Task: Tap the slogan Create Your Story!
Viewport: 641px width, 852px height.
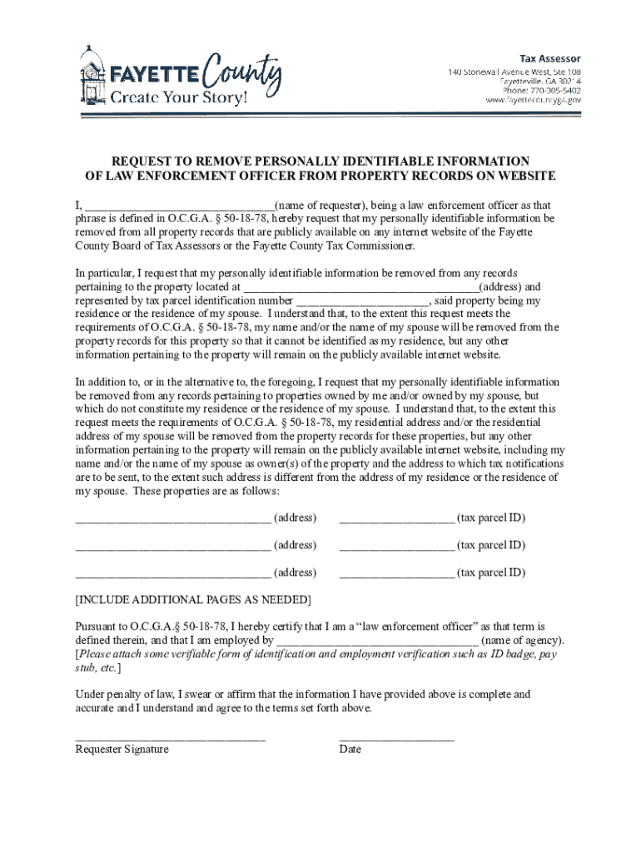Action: click(179, 98)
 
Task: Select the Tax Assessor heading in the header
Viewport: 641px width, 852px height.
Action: click(550, 58)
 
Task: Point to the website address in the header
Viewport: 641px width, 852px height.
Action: click(533, 100)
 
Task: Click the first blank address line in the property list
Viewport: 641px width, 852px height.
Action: click(172, 522)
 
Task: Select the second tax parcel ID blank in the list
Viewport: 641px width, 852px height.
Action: click(396, 549)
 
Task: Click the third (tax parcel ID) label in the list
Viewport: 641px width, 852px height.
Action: click(491, 572)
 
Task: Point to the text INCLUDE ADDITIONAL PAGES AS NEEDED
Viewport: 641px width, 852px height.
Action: click(193, 600)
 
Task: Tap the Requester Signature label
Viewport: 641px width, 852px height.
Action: click(122, 750)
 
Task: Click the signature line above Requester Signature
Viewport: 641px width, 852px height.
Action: click(170, 739)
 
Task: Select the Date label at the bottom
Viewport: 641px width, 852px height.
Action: click(350, 750)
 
